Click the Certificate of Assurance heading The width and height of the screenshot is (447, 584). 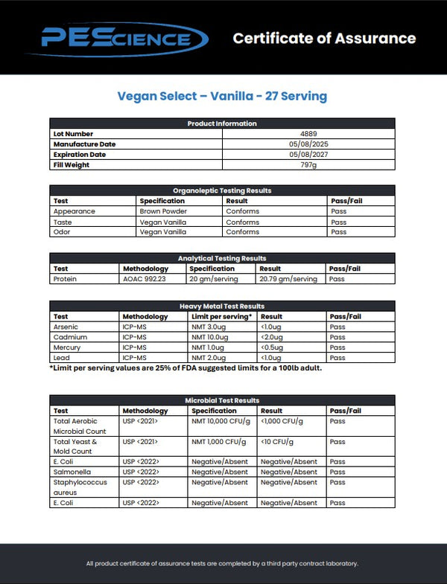324,38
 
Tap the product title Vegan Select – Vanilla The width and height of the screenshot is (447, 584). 222,97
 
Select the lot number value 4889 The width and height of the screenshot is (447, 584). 308,134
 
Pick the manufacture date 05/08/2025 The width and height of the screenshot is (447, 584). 308,144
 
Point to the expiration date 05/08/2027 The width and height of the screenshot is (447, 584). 308,155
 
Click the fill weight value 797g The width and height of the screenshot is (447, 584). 308,165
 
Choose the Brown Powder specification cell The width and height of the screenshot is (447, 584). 162,211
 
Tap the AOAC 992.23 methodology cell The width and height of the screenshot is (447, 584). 145,279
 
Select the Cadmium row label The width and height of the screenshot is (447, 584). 70,337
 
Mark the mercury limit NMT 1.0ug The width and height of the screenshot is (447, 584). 208,347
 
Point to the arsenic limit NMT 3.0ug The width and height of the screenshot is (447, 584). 209,327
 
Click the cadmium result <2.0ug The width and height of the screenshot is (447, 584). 273,337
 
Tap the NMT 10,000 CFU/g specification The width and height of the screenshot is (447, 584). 221,421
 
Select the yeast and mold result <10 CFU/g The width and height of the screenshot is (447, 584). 282,442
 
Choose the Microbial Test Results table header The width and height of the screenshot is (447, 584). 222,400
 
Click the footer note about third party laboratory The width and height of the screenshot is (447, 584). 222,563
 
